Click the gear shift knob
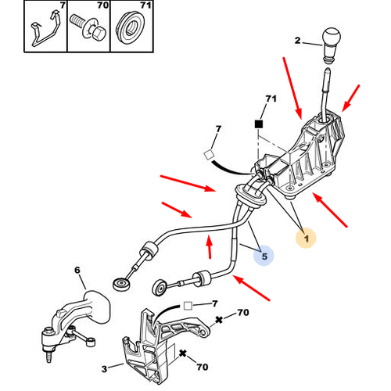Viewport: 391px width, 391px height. tap(332, 45)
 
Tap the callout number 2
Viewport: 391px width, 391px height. tap(298, 41)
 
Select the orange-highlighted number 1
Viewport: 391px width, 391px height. tap(307, 239)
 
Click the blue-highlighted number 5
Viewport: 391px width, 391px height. tap(264, 256)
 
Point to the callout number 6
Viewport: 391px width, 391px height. tap(77, 270)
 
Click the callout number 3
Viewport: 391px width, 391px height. tap(104, 369)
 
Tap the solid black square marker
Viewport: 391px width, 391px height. tap(259, 124)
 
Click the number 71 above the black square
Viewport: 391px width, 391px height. tap(271, 99)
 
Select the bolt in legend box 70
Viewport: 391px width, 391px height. tap(88, 27)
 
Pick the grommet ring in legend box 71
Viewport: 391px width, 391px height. tap(130, 27)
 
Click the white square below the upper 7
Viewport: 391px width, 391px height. tap(209, 155)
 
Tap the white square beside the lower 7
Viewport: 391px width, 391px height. tap(188, 306)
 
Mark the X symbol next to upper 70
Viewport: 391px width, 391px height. tap(219, 320)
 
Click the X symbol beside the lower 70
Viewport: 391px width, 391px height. tap(183, 353)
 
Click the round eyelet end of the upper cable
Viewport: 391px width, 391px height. tap(122, 285)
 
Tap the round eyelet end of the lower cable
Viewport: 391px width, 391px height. tap(159, 288)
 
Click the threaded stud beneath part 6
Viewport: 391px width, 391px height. tap(49, 356)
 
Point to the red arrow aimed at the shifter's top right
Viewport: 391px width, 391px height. tap(351, 98)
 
